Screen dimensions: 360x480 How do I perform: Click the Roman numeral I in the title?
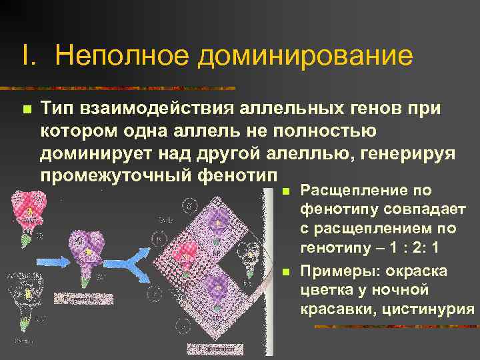coord(27,56)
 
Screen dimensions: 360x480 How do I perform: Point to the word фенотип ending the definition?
coord(239,176)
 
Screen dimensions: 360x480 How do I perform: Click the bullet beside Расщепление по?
coord(285,192)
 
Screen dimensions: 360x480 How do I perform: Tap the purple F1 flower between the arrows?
coord(87,247)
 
